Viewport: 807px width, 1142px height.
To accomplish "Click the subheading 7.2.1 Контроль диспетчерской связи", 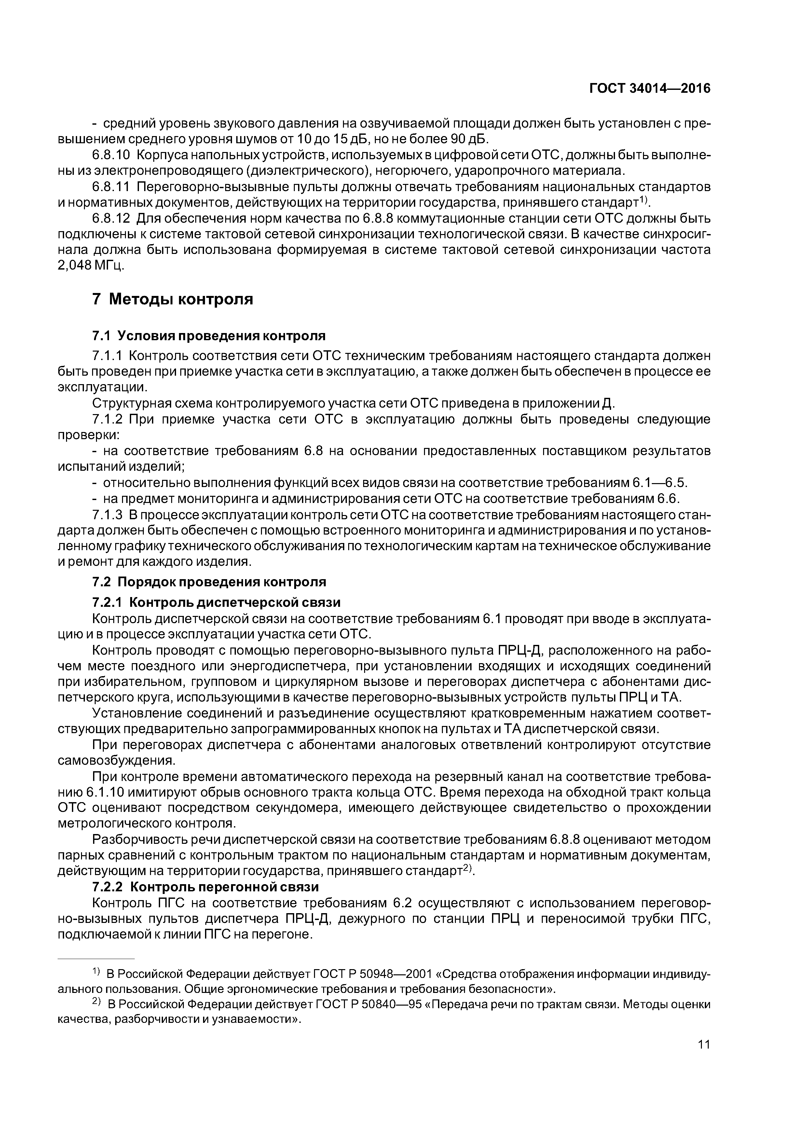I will pyautogui.click(x=216, y=602).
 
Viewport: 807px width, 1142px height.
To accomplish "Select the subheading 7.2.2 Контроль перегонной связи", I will pyautogui.click(x=205, y=888).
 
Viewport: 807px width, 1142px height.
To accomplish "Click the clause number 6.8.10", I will pyautogui.click(x=110, y=155).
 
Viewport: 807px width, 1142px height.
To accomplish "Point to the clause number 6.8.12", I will pyautogui.click(x=110, y=219).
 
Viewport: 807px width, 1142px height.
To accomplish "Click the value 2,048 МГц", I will pyautogui.click(x=90, y=266).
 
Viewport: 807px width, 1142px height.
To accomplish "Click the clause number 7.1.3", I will pyautogui.click(x=107, y=514).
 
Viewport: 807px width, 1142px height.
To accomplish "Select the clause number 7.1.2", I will pyautogui.click(x=107, y=419).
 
